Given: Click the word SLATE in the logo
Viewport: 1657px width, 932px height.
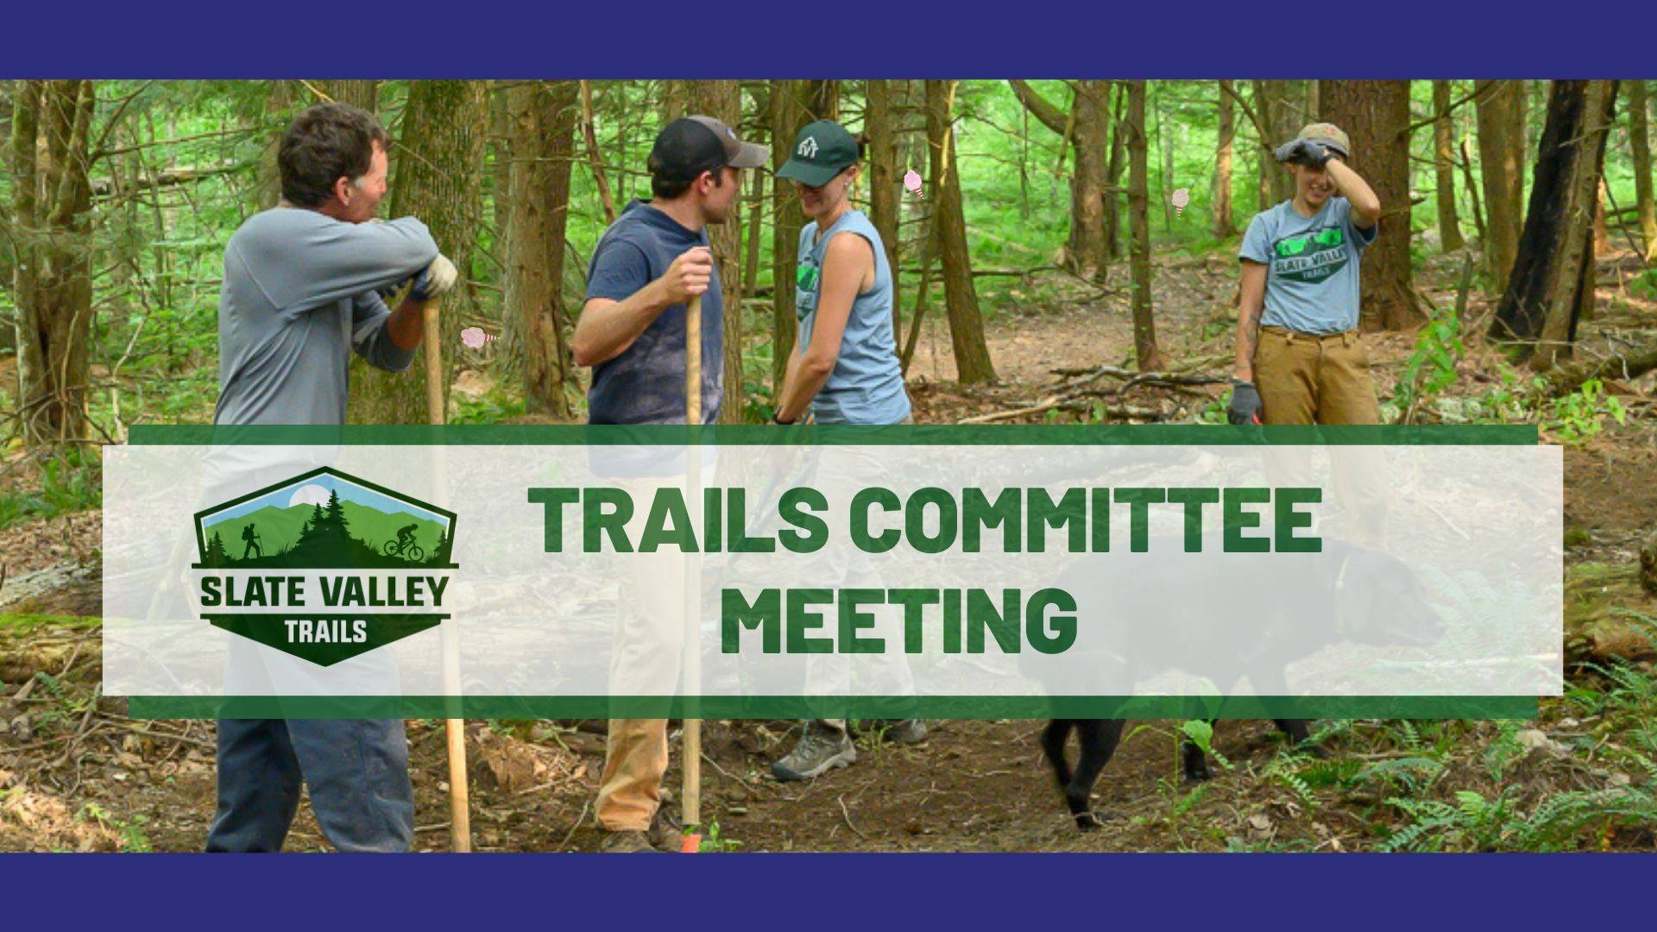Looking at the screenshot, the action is coord(248,593).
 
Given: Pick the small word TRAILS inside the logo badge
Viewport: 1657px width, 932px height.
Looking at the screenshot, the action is coord(325,631).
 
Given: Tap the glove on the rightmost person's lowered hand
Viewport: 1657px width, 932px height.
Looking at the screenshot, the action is coord(1244,401).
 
